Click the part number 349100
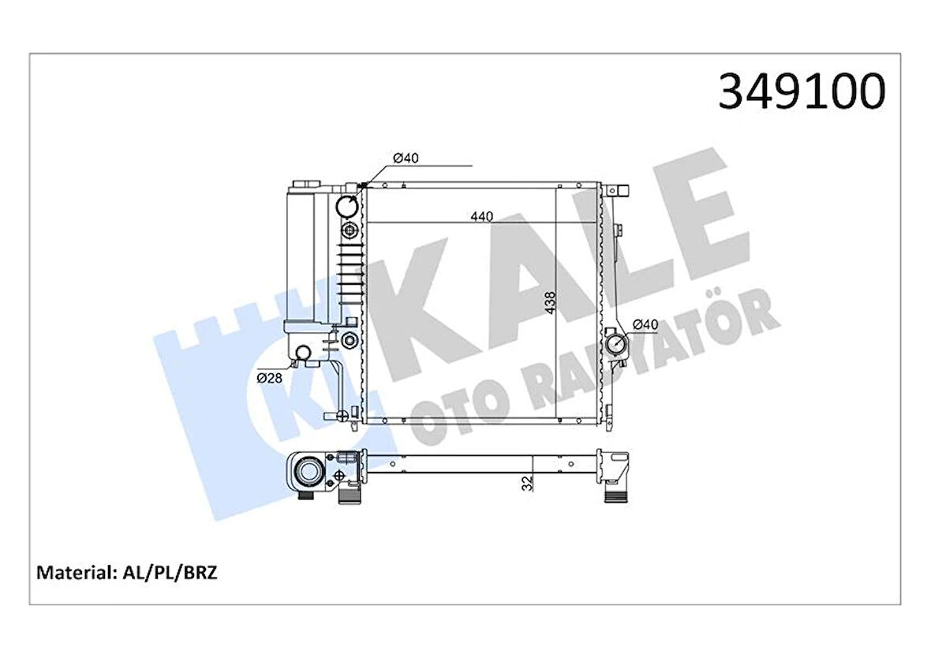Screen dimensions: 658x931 pyautogui.click(x=801, y=92)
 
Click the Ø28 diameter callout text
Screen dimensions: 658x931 pyautogui.click(x=269, y=378)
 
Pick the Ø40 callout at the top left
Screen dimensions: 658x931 pyautogui.click(x=406, y=159)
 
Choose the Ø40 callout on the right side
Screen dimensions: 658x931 pyautogui.click(x=645, y=324)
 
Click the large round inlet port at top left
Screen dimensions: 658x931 pyautogui.click(x=347, y=207)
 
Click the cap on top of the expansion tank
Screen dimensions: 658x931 pyautogui.click(x=301, y=184)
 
